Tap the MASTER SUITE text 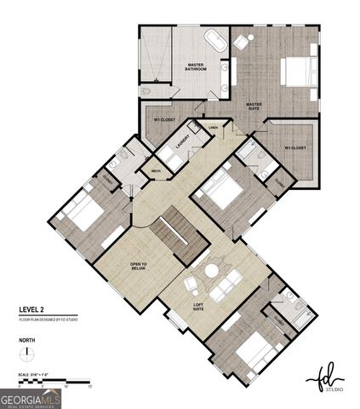click(x=254, y=107)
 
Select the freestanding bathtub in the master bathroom click(x=214, y=39)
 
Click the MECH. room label click(x=156, y=171)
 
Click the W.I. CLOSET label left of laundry click(x=163, y=121)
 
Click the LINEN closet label click(x=213, y=128)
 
